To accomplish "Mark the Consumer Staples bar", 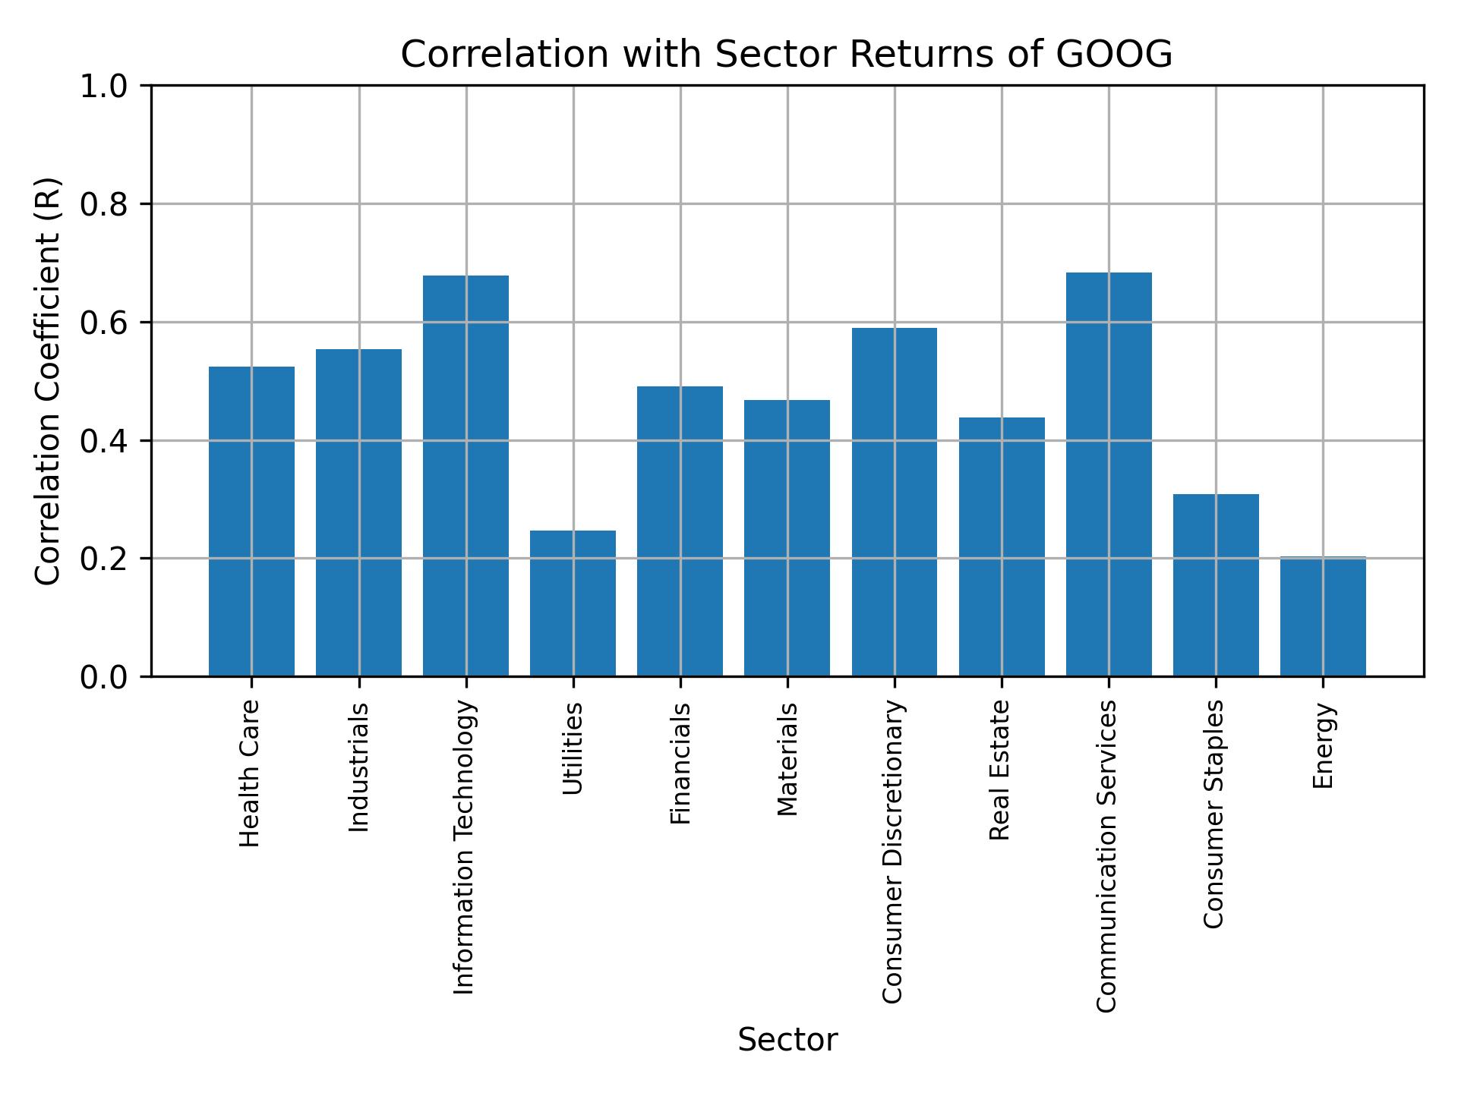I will coord(1216,584).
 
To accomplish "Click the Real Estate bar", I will coord(1002,546).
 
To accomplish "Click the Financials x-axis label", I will coord(680,763).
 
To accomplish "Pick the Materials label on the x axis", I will coord(788,759).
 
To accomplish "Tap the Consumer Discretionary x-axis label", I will coord(894,852).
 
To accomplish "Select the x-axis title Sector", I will coord(787,1040).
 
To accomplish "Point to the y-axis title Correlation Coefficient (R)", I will coord(49,381).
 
